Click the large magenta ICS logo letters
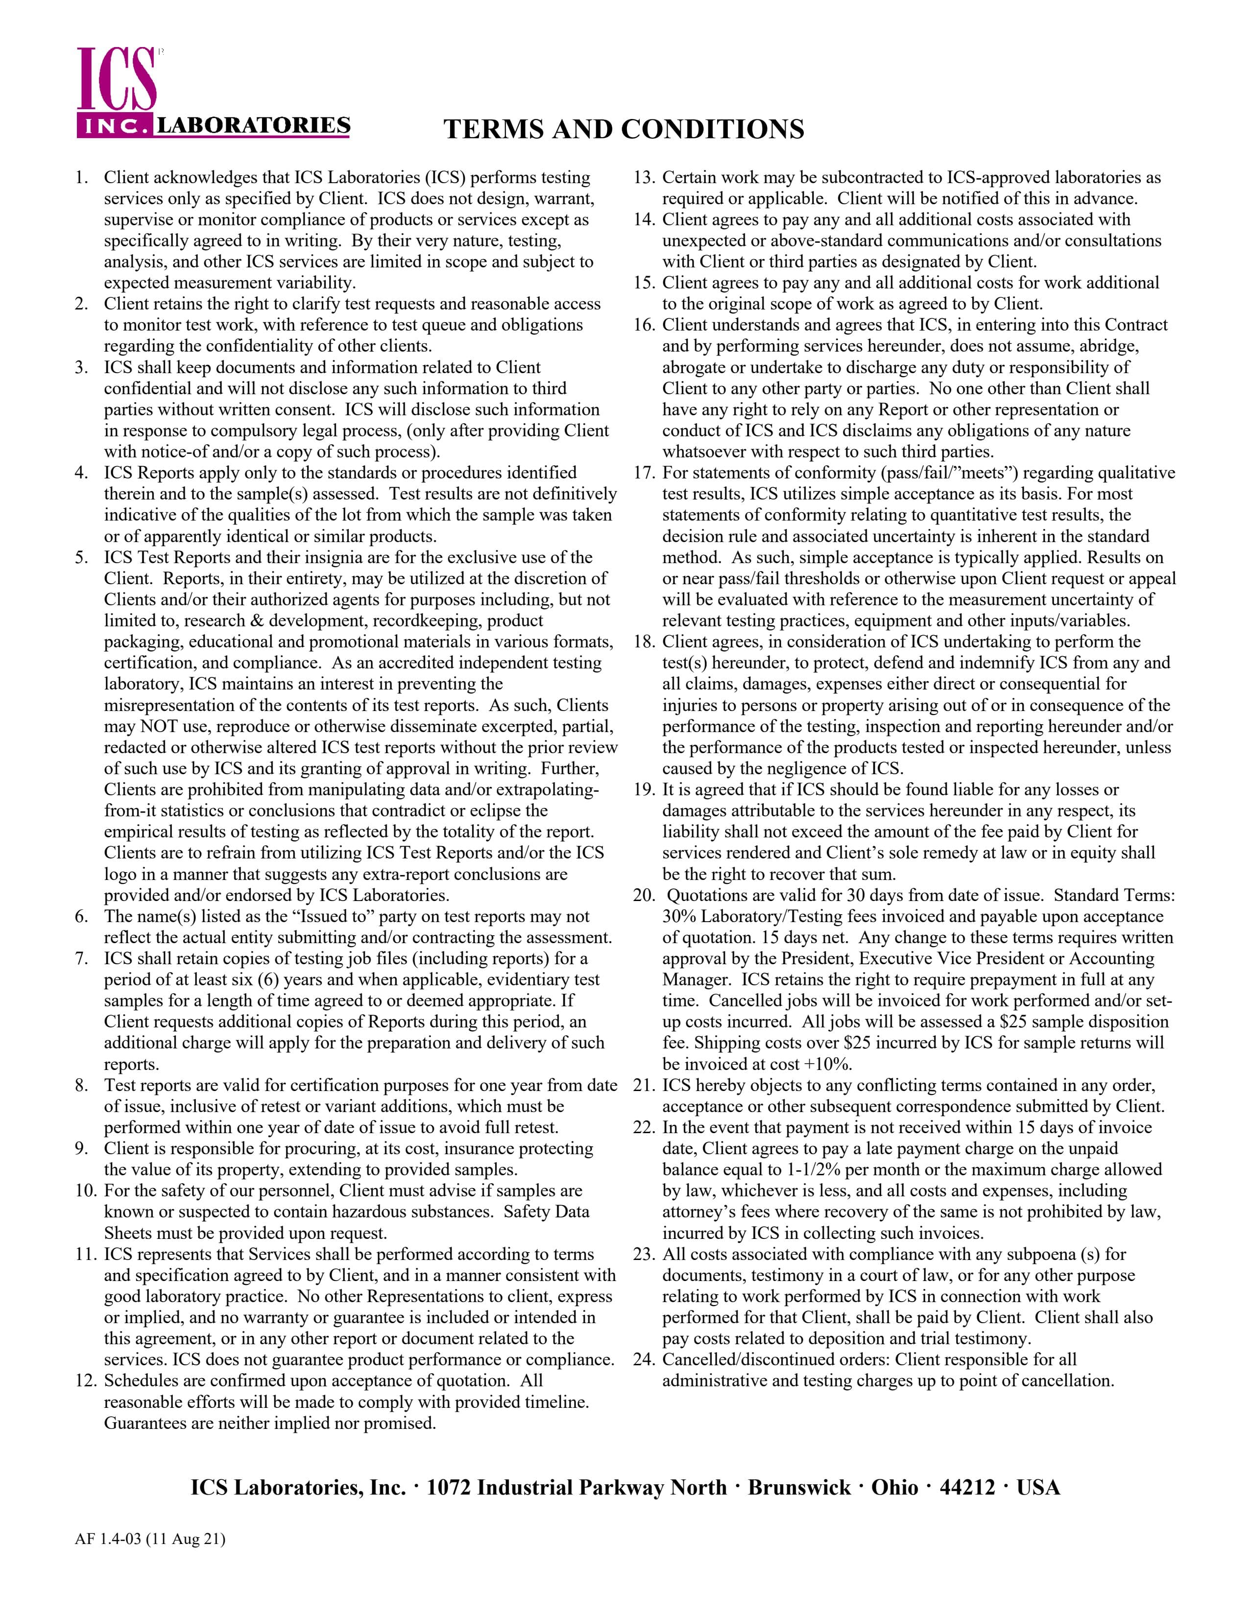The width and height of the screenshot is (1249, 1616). [x=117, y=80]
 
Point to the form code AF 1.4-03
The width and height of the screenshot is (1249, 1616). [x=109, y=1540]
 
